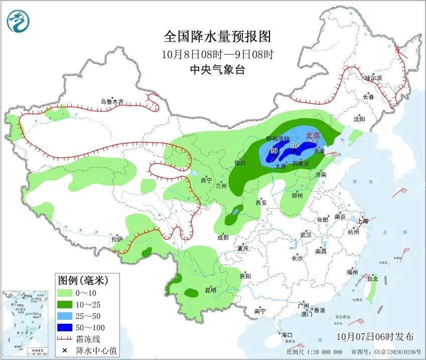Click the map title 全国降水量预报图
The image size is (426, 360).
(217, 37)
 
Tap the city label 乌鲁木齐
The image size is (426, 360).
(111, 101)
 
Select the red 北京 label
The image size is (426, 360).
(313, 135)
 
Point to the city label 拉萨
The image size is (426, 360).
(116, 239)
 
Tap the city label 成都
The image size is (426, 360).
(223, 238)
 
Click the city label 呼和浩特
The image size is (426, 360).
(277, 138)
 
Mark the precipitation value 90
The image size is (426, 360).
(274, 150)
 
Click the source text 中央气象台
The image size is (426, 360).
(217, 70)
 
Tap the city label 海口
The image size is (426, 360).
(287, 334)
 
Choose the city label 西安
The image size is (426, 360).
(261, 203)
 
